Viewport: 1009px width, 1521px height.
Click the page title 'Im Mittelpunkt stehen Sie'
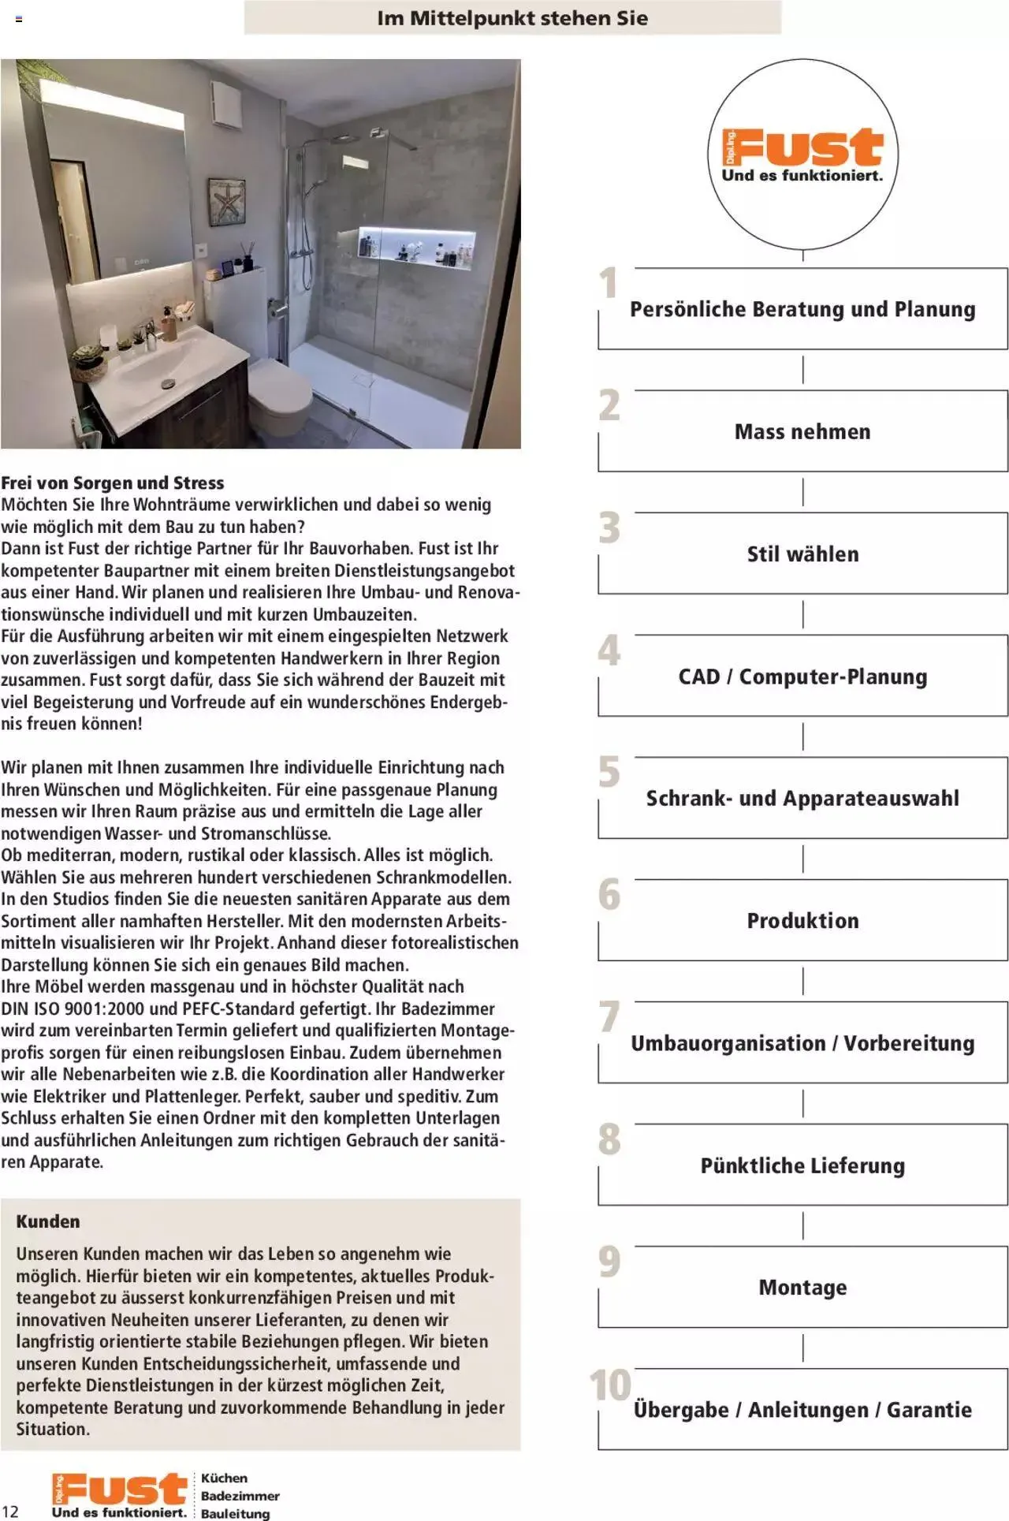(x=512, y=18)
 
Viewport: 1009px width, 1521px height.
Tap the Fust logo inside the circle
(x=802, y=155)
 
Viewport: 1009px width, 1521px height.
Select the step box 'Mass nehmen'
(x=802, y=431)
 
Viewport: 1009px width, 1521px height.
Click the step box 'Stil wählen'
(x=802, y=554)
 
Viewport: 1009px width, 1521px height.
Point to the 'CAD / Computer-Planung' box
(x=802, y=677)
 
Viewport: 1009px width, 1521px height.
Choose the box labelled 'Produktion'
(x=802, y=920)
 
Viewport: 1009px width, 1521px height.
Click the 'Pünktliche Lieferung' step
(x=802, y=1165)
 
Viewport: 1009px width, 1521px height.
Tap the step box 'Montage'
(x=802, y=1288)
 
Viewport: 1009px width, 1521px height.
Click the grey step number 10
(x=610, y=1385)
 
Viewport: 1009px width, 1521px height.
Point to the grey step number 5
(x=609, y=772)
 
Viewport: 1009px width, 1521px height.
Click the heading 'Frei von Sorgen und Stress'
(x=112, y=483)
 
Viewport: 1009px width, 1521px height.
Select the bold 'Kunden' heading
(x=48, y=1221)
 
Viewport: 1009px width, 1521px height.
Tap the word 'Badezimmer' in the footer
(x=240, y=1496)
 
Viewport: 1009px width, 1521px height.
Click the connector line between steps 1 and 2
(x=802, y=369)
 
